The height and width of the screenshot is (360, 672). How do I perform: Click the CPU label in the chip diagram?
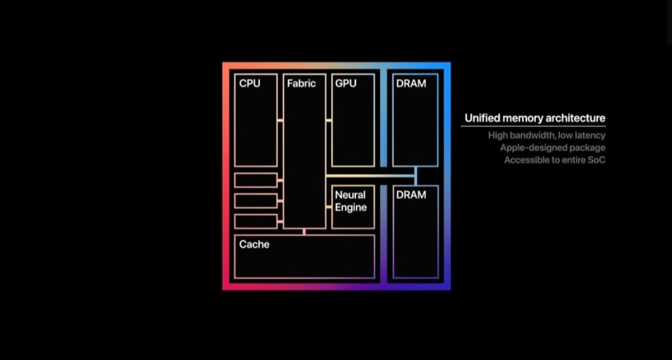point(250,83)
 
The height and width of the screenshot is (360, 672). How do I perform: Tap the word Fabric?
point(301,83)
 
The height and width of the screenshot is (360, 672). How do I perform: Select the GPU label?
point(345,83)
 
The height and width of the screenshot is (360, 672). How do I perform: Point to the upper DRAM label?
point(411,83)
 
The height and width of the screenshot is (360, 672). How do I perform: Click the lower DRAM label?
point(411,195)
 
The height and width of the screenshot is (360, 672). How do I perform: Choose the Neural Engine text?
point(351,201)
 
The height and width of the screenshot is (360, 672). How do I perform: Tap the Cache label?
point(254,244)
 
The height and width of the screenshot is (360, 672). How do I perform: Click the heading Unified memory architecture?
point(534,118)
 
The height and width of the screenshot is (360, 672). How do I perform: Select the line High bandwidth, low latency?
point(546,136)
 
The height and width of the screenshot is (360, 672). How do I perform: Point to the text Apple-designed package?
point(553,148)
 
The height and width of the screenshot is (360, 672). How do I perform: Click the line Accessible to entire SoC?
point(554,160)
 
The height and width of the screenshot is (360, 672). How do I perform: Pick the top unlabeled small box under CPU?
point(256,180)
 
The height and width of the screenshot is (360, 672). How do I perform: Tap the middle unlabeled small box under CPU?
point(256,201)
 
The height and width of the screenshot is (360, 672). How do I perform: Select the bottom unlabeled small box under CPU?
point(256,221)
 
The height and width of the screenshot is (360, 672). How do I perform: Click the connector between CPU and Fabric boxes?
point(280,120)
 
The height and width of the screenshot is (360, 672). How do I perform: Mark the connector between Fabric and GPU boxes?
point(329,120)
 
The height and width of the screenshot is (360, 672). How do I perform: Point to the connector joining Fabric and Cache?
point(304,232)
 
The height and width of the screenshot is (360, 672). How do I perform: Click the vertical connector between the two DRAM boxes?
point(416,176)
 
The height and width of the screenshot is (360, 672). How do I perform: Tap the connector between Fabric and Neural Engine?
point(329,201)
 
